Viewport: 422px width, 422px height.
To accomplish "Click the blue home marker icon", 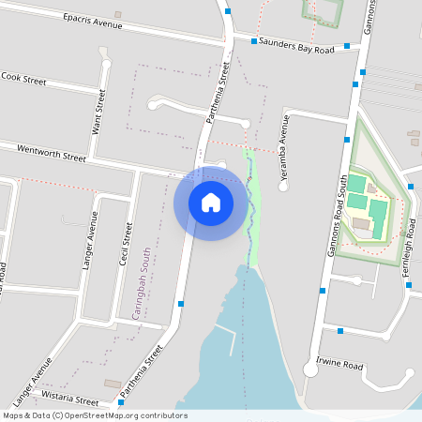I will click(x=210, y=202).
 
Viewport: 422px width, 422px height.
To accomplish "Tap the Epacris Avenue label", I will click(x=93, y=22).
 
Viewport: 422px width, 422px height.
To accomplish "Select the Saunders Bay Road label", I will click(x=297, y=45).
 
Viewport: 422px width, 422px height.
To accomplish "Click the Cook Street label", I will click(x=23, y=80).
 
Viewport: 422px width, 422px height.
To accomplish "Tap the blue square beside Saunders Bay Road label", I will click(x=254, y=41).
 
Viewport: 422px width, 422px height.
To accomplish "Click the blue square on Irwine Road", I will click(x=340, y=330).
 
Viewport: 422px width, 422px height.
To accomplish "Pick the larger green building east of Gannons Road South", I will click(x=357, y=183).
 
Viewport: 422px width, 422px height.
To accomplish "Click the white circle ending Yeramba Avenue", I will click(x=284, y=186).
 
